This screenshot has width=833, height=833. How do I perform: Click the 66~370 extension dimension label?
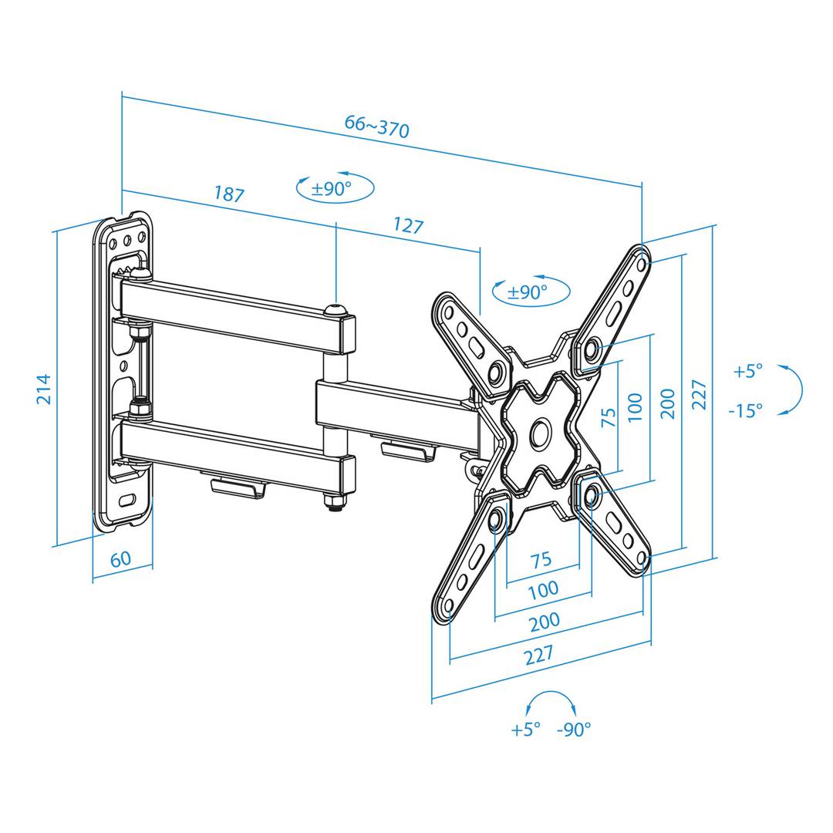point(376,126)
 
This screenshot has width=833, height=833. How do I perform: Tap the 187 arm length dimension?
point(229,194)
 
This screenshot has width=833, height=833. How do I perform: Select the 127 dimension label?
point(408,225)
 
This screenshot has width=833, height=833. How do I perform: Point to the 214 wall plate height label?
point(45,389)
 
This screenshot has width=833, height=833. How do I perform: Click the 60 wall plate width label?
point(120,559)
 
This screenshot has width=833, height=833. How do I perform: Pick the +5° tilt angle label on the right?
point(747,370)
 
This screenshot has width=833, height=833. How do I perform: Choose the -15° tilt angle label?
point(745,410)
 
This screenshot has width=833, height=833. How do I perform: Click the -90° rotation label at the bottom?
point(574,730)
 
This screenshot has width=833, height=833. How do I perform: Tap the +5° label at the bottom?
point(525,730)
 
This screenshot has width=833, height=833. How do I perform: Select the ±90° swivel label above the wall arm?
point(332,189)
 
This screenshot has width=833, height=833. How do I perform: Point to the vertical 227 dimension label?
point(700,394)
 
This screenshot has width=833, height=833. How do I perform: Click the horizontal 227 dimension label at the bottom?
point(539,655)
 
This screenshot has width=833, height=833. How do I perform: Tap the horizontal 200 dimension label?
point(545,621)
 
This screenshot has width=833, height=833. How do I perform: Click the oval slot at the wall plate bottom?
point(127,501)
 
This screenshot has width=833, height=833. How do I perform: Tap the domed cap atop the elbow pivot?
point(336,310)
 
